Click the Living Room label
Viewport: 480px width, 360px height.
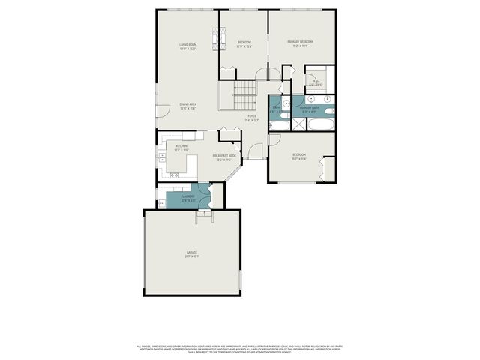pyautogui.click(x=187, y=45)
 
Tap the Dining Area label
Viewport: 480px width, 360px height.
pyautogui.click(x=187, y=104)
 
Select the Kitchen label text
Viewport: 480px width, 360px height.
pyautogui.click(x=181, y=145)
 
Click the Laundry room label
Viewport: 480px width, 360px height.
pyautogui.click(x=188, y=196)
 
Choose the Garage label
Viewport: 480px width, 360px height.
pyautogui.click(x=192, y=252)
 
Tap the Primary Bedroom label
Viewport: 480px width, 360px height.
pyautogui.click(x=301, y=42)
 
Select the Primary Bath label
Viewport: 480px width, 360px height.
pyautogui.click(x=310, y=108)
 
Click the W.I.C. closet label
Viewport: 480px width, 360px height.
pyautogui.click(x=316, y=80)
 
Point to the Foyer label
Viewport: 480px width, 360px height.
pyautogui.click(x=252, y=116)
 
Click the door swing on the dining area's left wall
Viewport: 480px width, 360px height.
pyautogui.click(x=160, y=110)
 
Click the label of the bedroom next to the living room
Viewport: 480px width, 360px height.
pyautogui.click(x=244, y=42)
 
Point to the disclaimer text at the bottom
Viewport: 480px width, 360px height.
pyautogui.click(x=240, y=349)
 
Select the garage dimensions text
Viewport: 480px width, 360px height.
pyautogui.click(x=192, y=256)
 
